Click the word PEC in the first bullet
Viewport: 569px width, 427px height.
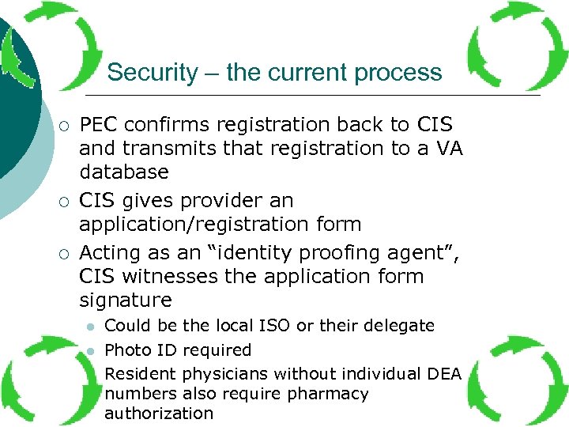coord(100,125)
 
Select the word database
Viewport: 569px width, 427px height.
coord(124,172)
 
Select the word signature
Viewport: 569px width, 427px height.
coord(126,300)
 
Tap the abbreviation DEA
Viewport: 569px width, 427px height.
coord(443,373)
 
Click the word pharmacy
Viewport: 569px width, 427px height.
coord(330,393)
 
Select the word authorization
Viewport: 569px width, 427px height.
coord(159,413)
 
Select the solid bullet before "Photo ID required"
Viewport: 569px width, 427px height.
coord(91,350)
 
